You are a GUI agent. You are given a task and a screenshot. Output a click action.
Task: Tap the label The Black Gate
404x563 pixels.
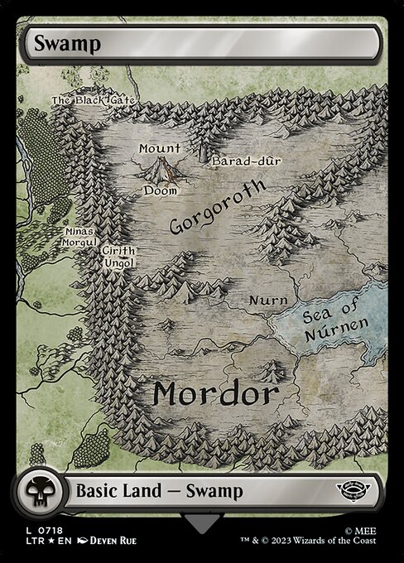coord(93,100)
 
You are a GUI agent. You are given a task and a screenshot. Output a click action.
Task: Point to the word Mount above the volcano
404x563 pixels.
coord(159,148)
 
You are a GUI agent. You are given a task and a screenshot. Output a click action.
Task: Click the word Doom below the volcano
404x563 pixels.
coord(160,190)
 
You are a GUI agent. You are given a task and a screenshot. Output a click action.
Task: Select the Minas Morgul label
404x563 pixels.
coord(78,238)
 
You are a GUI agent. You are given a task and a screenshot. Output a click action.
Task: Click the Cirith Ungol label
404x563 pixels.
coord(118,257)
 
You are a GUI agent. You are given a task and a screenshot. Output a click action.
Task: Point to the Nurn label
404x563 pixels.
coord(269,300)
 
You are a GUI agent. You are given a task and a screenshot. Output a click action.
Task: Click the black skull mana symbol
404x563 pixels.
coord(38,491)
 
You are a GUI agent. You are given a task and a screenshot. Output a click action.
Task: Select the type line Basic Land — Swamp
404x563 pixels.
coord(159,491)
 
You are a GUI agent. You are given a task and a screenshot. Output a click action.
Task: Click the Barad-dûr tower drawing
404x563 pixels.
coord(203,152)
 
